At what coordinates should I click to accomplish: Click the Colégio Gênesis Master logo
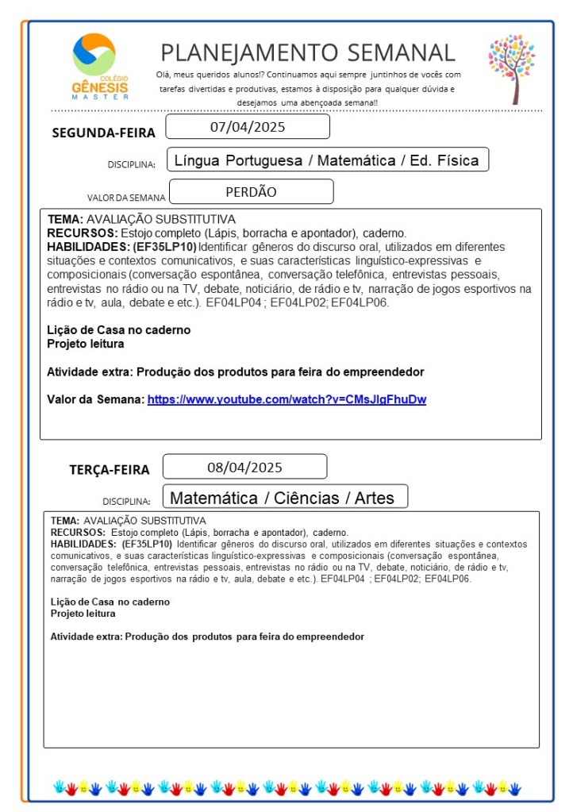(94, 67)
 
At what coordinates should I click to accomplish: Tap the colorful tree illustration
(513, 68)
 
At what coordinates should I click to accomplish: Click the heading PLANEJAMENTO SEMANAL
(308, 52)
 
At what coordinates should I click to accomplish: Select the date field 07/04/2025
(248, 127)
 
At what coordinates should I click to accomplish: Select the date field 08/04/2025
(244, 467)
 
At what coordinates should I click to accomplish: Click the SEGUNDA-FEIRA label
(103, 133)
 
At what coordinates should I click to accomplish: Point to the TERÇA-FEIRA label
(109, 470)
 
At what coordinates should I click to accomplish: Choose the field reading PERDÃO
(251, 191)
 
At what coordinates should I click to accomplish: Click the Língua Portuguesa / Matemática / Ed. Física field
(326, 160)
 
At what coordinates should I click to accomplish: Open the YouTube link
(286, 400)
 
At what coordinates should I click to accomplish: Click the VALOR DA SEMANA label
(126, 198)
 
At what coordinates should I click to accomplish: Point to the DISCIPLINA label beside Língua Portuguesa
(131, 165)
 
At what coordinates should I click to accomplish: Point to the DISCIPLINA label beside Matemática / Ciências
(126, 502)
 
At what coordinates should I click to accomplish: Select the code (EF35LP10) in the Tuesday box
(147, 544)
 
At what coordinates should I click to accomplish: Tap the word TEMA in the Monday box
(63, 219)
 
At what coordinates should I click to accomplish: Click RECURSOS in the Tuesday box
(78, 532)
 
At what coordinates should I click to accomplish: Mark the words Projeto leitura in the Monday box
(86, 344)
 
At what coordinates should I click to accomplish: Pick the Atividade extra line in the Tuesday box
(207, 637)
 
